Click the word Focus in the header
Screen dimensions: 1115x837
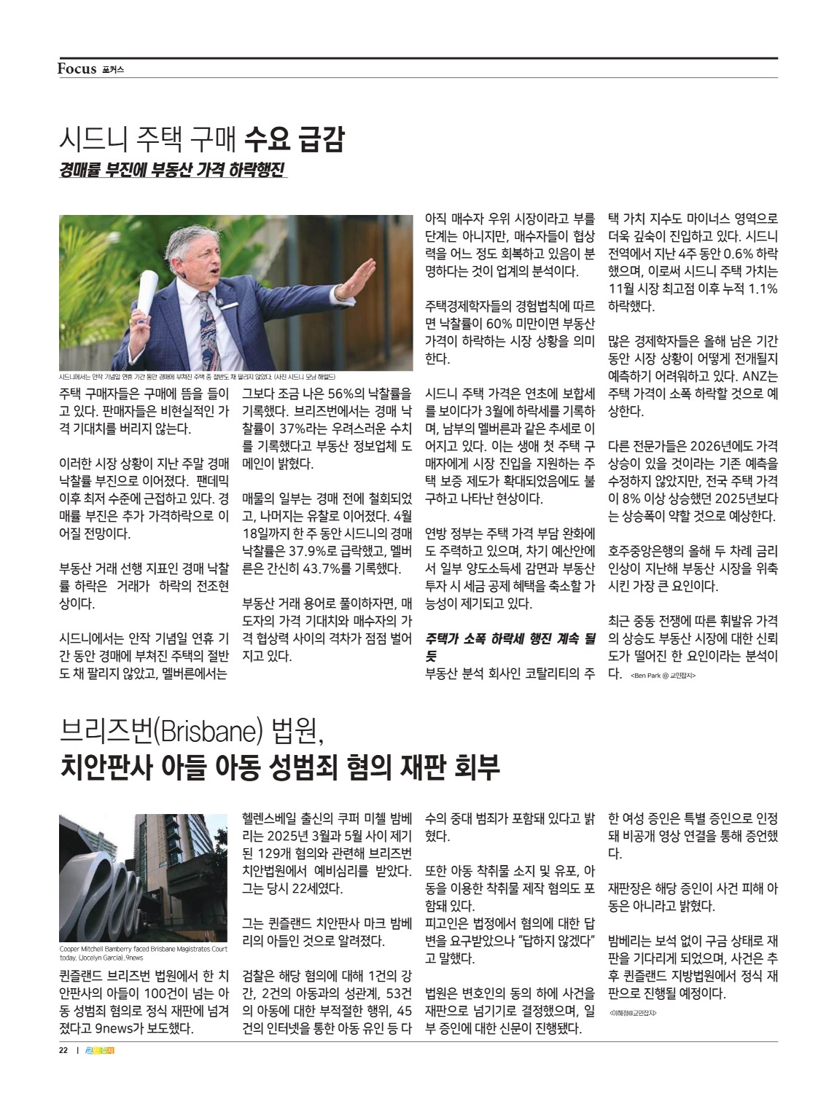(77, 69)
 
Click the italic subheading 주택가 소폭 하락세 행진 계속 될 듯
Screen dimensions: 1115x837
(510, 646)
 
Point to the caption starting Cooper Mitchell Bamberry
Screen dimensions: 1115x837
(142, 953)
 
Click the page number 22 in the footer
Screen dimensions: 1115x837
(63, 1050)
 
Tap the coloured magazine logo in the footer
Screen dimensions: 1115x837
(101, 1050)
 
